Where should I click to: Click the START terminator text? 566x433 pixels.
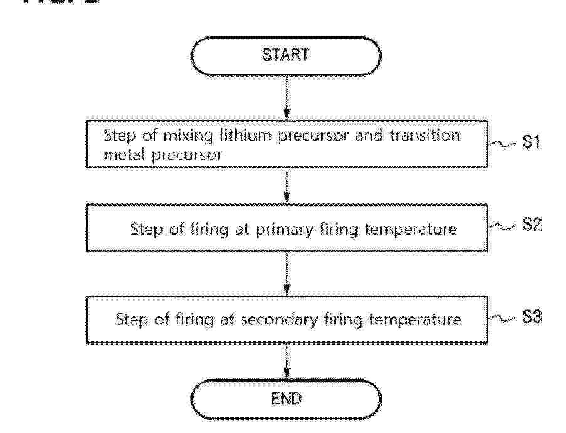pos(286,55)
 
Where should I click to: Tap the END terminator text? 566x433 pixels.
pos(286,398)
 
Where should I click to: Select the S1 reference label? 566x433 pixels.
pos(531,142)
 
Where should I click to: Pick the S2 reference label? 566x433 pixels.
pos(532,224)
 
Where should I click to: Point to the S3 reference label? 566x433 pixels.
pos(532,318)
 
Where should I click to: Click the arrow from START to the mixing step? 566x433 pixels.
pos(287,98)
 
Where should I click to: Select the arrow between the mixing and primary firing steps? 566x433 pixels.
pos(287,186)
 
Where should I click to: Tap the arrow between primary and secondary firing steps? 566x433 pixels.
pos(287,274)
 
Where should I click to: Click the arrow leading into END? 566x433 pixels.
pos(287,361)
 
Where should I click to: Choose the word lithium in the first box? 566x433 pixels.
pos(245,136)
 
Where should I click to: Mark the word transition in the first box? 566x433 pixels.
pos(425,136)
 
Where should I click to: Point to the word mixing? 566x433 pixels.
pos(188,136)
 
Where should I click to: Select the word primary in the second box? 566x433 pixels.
pos(285,230)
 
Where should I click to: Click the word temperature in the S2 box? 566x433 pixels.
pos(411,230)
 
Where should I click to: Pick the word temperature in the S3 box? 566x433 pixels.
pos(415,320)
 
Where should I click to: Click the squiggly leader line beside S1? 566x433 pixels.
pos(503,144)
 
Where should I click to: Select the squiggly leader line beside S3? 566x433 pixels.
pos(503,319)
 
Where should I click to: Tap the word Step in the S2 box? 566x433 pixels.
pos(146,230)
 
